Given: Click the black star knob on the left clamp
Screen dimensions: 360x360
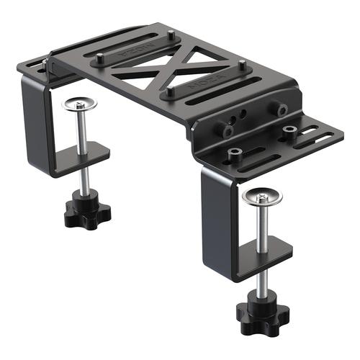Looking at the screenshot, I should click(85, 211).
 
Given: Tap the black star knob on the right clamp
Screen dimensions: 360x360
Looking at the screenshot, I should click(261, 312).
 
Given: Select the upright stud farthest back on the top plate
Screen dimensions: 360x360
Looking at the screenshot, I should click(171, 37).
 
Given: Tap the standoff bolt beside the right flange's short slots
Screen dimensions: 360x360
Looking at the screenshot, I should click(290, 132).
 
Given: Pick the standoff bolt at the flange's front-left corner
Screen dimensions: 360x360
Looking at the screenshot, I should click(234, 153).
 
